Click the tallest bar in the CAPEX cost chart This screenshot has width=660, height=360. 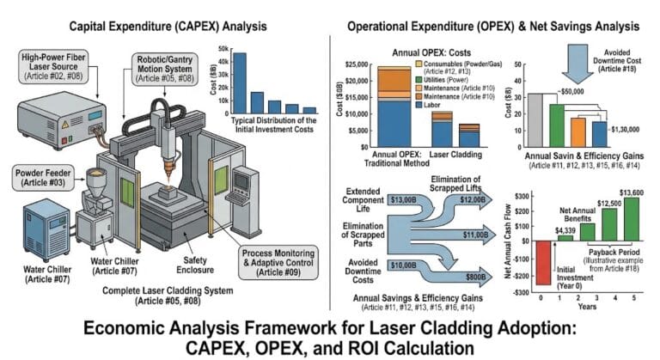241,83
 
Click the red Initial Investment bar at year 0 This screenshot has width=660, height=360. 541,262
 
